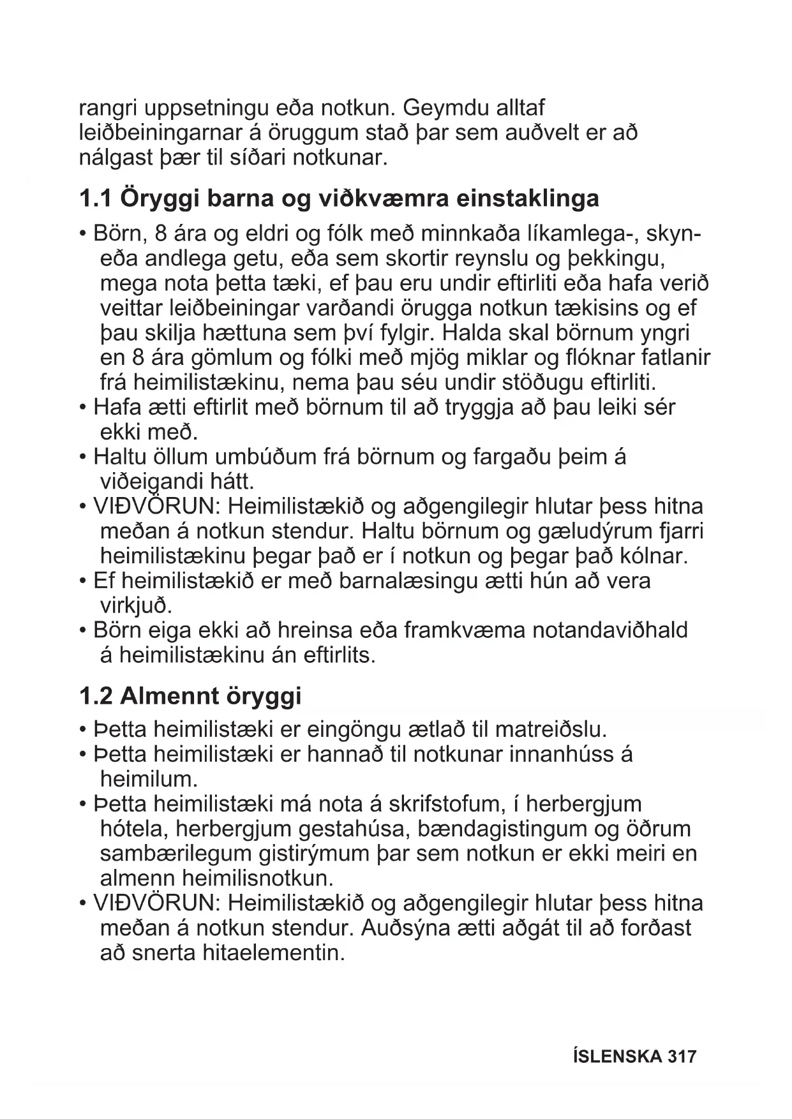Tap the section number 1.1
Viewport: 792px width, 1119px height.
tap(95, 198)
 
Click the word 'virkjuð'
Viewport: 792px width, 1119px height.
tap(136, 605)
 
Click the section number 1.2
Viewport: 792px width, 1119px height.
tap(95, 695)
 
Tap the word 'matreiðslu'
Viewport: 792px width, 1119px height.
tap(551, 729)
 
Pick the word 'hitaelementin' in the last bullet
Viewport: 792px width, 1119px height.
tap(273, 954)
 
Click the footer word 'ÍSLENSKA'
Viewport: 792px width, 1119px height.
tap(618, 1056)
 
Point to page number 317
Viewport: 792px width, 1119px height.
tap(682, 1056)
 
